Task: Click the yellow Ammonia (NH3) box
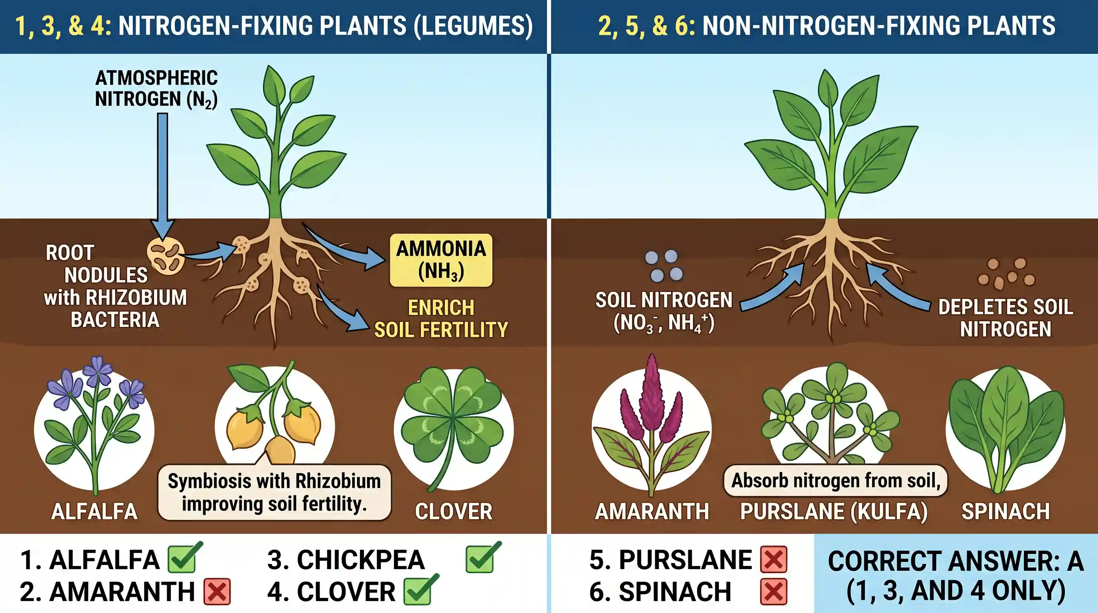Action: pos(441,260)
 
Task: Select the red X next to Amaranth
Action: pos(217,592)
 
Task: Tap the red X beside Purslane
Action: pos(774,559)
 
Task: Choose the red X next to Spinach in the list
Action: pos(774,592)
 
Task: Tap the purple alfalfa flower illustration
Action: pos(95,426)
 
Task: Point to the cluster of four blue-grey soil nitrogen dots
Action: pos(664,265)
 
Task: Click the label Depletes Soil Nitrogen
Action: pos(1005,318)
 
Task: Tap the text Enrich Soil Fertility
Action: pos(441,318)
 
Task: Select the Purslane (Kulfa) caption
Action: pos(834,512)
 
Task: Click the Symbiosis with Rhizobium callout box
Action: pos(274,493)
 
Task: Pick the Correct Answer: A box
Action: pos(956,573)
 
